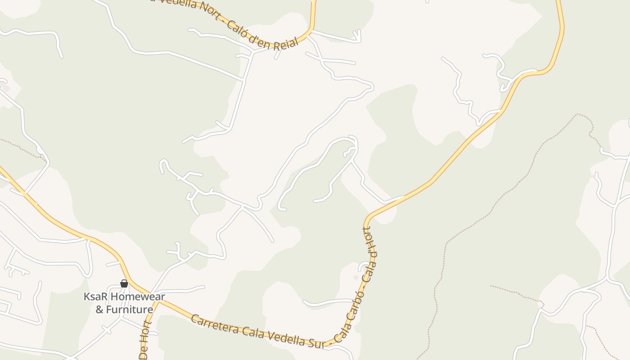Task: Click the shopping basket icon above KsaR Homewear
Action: click(124, 283)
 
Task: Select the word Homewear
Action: click(138, 297)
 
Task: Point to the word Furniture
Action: click(130, 310)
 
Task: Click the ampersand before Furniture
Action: click(99, 310)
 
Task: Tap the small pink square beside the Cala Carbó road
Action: click(355, 277)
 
